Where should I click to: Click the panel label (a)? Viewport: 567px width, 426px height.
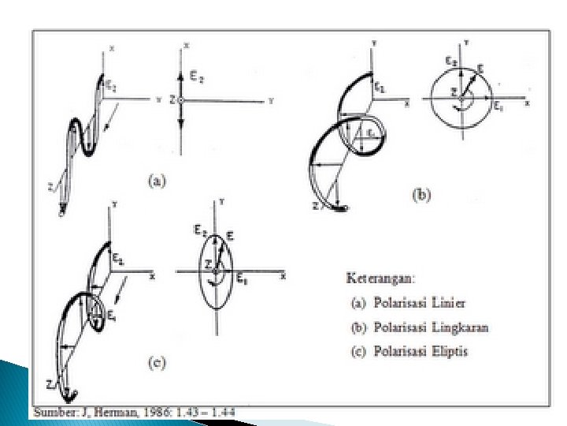click(x=157, y=181)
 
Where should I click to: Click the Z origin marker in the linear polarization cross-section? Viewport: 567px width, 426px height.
click(x=180, y=101)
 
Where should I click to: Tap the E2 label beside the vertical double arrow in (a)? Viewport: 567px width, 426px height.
click(x=196, y=77)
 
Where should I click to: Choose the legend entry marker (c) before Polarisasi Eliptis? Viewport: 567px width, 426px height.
click(x=357, y=350)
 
